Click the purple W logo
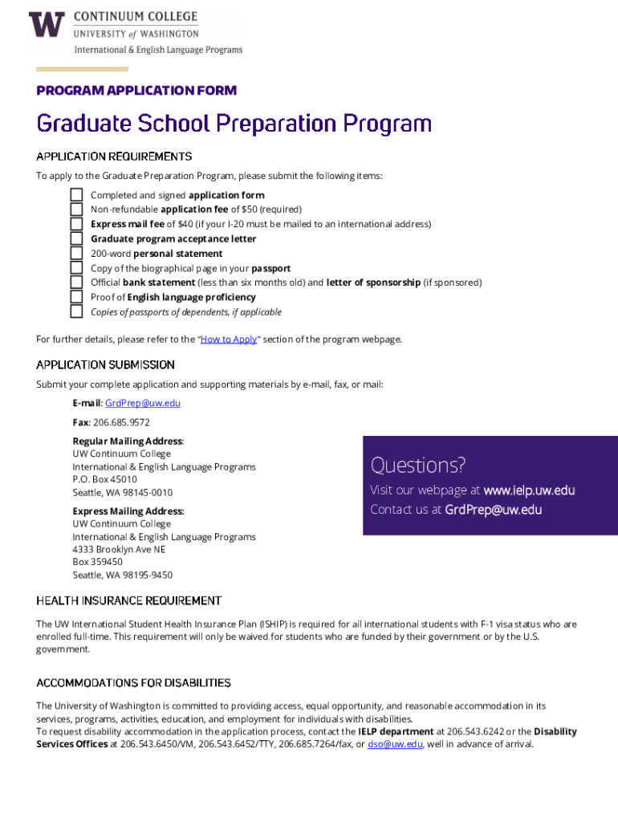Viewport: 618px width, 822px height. pos(46,25)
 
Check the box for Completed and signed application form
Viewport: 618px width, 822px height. pos(76,195)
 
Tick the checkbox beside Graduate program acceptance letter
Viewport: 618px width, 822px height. pos(76,238)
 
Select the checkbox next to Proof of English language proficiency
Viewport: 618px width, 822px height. pos(76,297)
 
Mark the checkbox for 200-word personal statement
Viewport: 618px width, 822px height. pos(76,254)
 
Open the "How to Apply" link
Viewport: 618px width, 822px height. pos(229,340)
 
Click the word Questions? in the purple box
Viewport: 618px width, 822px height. pos(417,466)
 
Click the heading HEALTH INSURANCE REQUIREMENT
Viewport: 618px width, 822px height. pos(128,601)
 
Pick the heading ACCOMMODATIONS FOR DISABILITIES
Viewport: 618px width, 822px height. pos(133,683)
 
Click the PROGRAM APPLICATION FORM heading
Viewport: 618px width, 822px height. pos(136,91)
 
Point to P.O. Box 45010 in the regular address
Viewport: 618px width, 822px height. pos(104,480)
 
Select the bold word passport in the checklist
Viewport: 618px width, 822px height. pos(271,268)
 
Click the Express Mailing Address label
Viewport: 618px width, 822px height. pos(128,511)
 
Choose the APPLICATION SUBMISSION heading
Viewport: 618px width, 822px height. pos(105,365)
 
